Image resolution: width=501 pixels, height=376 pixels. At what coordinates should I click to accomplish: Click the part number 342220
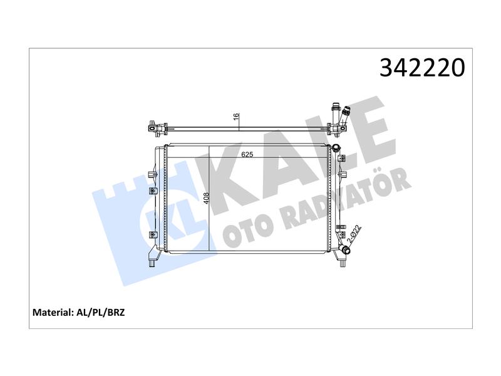pyautogui.click(x=422, y=68)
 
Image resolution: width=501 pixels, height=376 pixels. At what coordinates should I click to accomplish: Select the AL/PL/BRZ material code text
pyautogui.click(x=100, y=312)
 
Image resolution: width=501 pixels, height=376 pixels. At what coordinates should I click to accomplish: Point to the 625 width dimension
pyautogui.click(x=247, y=155)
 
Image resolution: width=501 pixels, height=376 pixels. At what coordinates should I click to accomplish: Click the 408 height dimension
pyautogui.click(x=207, y=198)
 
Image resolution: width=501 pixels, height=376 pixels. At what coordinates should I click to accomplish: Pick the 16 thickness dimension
pyautogui.click(x=236, y=117)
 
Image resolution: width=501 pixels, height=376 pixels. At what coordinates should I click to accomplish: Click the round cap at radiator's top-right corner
pyautogui.click(x=336, y=148)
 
